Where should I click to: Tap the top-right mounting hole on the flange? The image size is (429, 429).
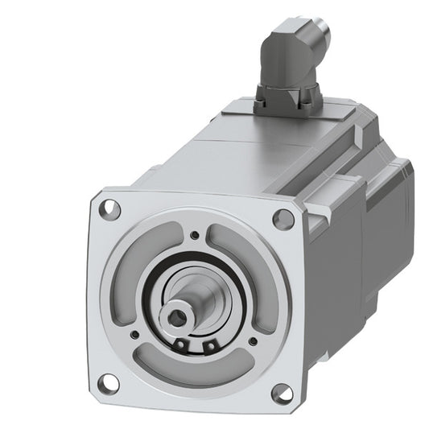click(283, 218)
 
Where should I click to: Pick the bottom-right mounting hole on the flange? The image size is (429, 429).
click(282, 393)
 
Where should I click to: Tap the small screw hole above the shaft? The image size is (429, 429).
click(194, 236)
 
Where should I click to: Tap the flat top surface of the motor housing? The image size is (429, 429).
click(241, 153)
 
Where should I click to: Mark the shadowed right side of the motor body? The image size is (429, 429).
click(338, 266)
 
